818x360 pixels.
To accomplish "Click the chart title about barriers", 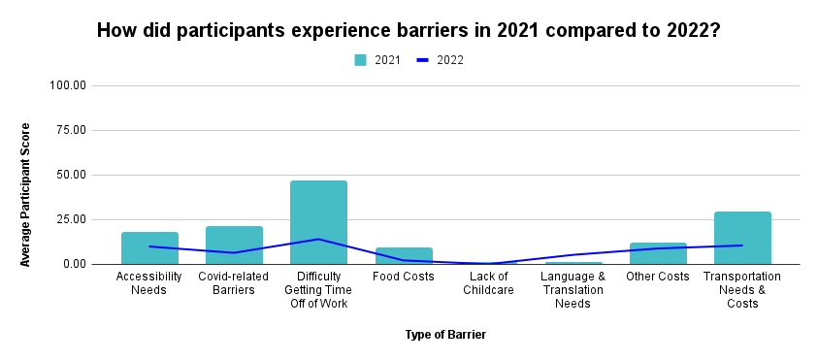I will pos(409,30).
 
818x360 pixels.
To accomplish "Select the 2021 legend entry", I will pos(377,60).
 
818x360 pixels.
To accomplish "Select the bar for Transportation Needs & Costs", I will pos(742,238).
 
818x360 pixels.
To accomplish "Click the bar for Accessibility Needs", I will pos(149,248).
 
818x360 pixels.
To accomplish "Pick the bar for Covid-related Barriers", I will pos(234,245).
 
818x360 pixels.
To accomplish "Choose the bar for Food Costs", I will pos(404,256).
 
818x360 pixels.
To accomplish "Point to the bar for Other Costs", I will pos(657,253).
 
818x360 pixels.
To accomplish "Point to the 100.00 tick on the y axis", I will pos(67,85).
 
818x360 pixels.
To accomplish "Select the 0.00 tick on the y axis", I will pos(74,264).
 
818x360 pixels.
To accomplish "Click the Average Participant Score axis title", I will pos(26,194).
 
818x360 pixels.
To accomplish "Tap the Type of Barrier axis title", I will pos(445,335).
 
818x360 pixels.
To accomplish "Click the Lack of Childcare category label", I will pos(488,283).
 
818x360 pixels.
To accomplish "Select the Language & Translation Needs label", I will pos(573,290).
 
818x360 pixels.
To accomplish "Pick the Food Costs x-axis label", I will pos(403,277).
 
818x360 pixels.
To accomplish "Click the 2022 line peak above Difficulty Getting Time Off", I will pos(318,239).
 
